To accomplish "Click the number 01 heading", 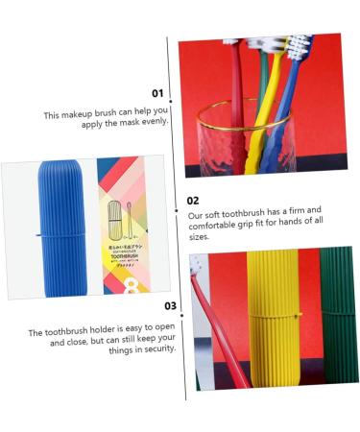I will click(157, 93).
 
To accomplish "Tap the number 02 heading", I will click(193, 201).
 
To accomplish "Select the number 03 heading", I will click(170, 306).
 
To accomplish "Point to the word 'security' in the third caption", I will click(157, 348).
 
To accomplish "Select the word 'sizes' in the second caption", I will click(200, 235).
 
